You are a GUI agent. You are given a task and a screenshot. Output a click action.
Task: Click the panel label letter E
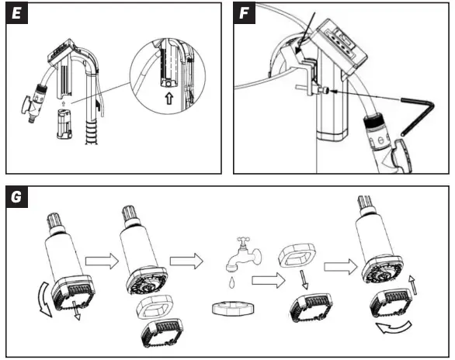click(x=16, y=13)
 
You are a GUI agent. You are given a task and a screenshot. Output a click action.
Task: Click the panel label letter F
click(x=244, y=13)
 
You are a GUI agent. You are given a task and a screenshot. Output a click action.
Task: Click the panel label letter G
click(x=16, y=197)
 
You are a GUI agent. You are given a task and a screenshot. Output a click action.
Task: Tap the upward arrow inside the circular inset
click(x=169, y=99)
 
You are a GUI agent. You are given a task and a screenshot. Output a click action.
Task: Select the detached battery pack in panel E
click(x=64, y=124)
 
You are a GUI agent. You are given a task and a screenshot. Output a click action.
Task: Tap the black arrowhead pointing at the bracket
click(x=298, y=50)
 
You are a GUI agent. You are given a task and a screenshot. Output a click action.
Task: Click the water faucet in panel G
click(x=244, y=254)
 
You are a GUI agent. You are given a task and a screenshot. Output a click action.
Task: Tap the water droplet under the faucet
click(x=231, y=282)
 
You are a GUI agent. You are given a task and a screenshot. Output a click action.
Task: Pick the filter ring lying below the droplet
click(x=233, y=308)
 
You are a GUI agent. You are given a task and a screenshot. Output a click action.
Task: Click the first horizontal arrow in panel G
click(x=102, y=261)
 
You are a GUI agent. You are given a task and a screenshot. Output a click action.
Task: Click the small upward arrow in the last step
click(x=413, y=285)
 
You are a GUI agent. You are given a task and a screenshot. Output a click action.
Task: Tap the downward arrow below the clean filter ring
click(x=304, y=280)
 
